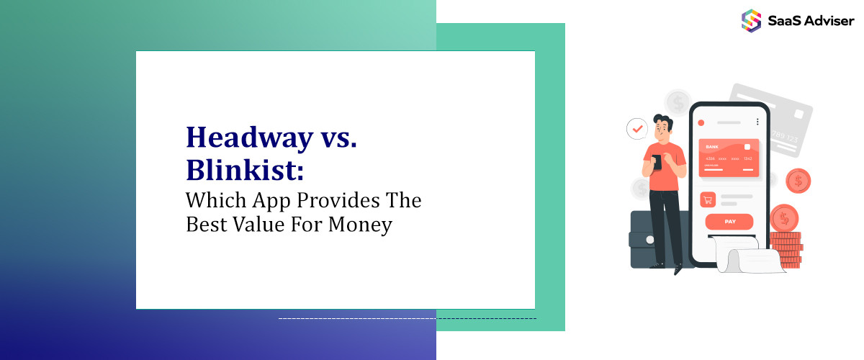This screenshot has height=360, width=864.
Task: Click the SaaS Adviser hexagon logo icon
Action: (x=751, y=19)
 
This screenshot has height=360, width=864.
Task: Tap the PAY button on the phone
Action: (x=729, y=222)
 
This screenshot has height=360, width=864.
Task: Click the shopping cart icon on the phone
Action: (x=707, y=199)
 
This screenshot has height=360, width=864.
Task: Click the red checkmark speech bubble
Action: (x=636, y=129)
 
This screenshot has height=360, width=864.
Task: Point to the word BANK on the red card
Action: (x=712, y=147)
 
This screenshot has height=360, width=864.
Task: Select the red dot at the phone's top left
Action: (x=702, y=123)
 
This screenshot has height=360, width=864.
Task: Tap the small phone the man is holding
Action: (x=657, y=163)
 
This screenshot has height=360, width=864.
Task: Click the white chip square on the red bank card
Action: (x=747, y=148)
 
